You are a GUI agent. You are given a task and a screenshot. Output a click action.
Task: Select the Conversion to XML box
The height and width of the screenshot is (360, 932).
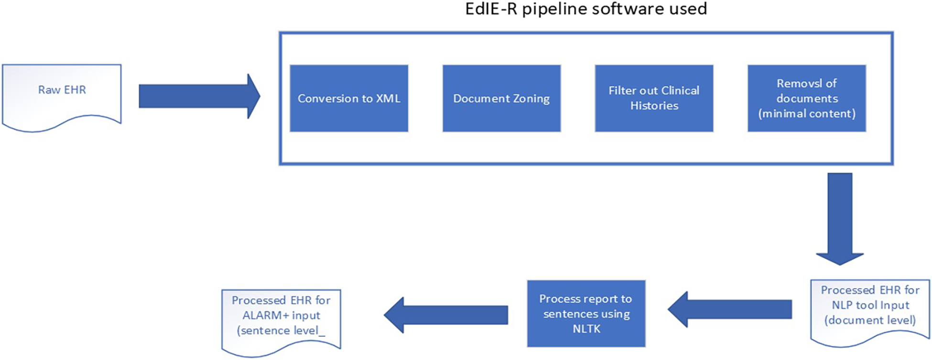point(349,98)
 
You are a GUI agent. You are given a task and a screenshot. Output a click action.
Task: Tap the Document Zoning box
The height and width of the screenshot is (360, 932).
point(501,98)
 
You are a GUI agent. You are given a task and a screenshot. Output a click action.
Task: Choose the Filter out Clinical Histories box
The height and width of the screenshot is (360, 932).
point(654,98)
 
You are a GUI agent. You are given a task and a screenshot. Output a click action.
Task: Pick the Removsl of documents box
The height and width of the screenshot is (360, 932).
point(807,98)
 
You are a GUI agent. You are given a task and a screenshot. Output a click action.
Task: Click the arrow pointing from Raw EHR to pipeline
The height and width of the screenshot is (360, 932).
point(199,96)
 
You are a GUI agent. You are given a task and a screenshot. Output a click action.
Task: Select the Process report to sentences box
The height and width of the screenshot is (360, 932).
point(586,314)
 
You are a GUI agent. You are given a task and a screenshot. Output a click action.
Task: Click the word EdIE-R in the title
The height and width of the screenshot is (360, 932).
point(491,9)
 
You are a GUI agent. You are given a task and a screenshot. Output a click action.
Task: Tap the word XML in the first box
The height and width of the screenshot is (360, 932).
point(388,98)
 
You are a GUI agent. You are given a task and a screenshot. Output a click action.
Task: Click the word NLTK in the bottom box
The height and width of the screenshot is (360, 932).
point(586,329)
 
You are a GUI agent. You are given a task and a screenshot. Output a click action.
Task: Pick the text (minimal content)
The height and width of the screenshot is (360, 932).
point(807,114)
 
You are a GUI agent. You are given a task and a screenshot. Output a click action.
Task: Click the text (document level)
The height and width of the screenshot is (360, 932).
point(870,320)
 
